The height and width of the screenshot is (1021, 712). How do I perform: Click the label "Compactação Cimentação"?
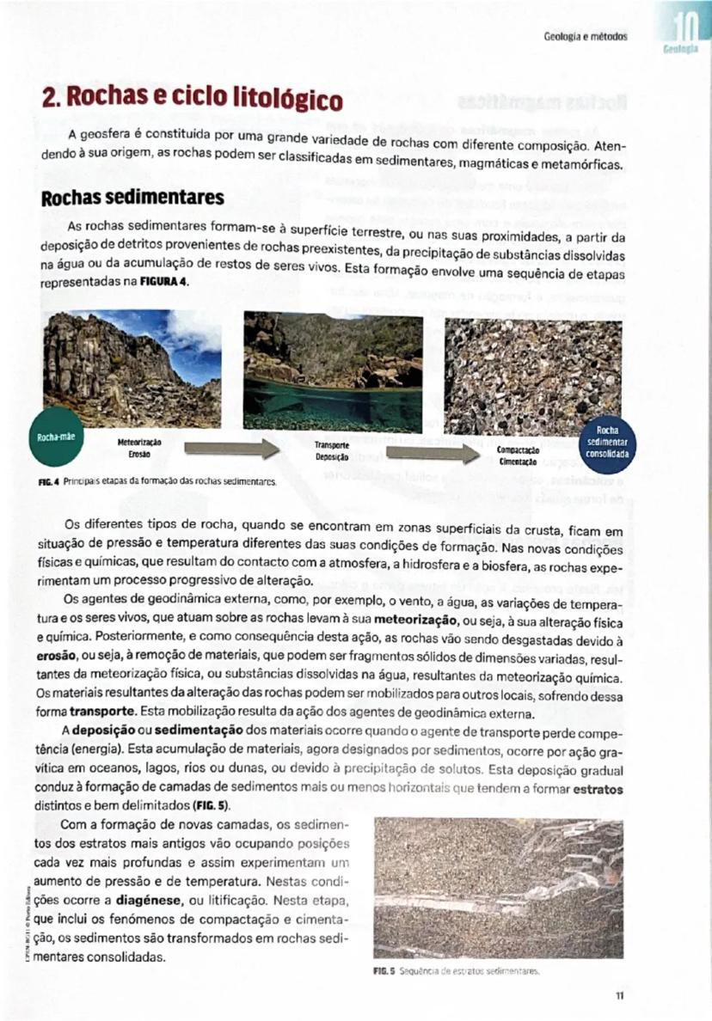(519, 455)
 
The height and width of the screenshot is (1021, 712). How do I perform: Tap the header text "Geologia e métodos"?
(586, 37)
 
